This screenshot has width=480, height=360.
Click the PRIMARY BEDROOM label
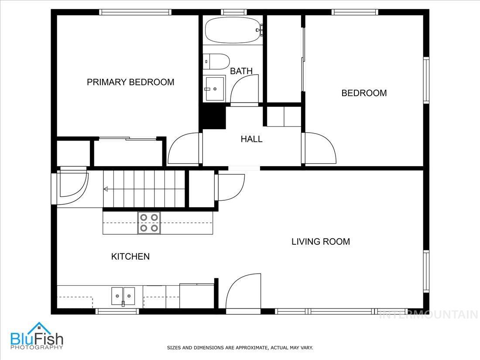point(130,82)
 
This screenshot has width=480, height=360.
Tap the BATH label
point(241,71)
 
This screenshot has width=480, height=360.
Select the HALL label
point(252,139)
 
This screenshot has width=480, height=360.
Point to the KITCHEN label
point(130,257)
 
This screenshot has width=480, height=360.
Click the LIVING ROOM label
point(321,241)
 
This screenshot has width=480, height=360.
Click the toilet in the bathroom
point(216,61)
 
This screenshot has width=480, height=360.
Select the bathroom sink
point(215,89)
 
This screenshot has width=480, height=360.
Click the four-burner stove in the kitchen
point(149,223)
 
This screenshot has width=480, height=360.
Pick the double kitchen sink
point(123,296)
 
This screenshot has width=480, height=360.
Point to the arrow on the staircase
point(106,189)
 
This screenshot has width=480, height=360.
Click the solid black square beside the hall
point(213,117)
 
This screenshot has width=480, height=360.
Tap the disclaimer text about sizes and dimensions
point(240,348)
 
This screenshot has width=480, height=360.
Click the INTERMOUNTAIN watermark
point(429,314)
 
